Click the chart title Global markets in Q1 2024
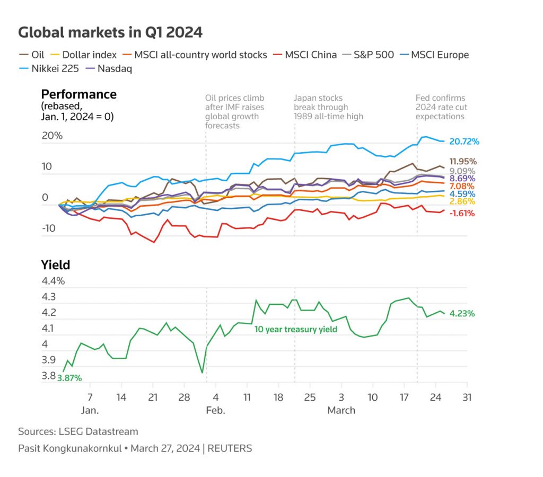tap(110, 32)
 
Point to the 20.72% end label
tap(464, 142)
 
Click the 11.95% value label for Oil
tap(463, 161)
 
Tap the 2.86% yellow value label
tap(462, 201)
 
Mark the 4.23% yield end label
tap(462, 313)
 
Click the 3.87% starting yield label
tap(69, 378)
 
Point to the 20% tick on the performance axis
tap(52, 136)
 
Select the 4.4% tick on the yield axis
tap(53, 281)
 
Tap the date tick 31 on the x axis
tap(467, 397)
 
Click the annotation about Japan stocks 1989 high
tap(329, 107)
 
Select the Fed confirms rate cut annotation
tap(440, 107)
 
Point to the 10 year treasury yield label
tap(296, 329)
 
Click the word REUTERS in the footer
tap(230, 448)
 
